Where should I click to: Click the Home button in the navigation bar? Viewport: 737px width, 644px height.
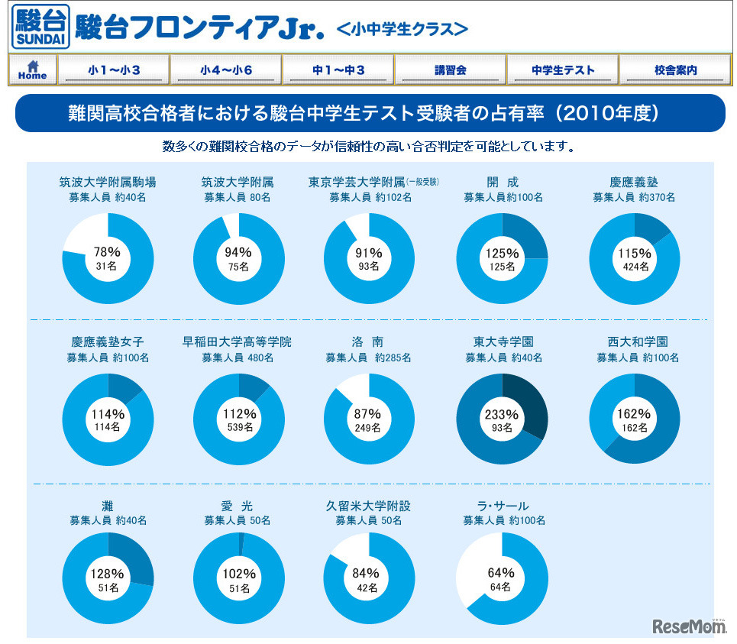click(x=32, y=70)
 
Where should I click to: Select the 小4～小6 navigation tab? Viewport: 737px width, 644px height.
click(x=226, y=70)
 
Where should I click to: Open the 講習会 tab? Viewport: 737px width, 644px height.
click(x=451, y=70)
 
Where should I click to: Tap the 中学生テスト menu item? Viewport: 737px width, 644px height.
click(x=563, y=70)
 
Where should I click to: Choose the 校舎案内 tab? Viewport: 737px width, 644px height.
click(x=675, y=70)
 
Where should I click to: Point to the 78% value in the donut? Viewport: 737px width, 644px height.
click(x=108, y=251)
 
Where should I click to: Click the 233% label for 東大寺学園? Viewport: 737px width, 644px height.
click(x=502, y=414)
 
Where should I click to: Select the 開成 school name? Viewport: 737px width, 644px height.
click(x=503, y=182)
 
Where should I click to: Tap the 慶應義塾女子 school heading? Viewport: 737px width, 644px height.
click(x=108, y=341)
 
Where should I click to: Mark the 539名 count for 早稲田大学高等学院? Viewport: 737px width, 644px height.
click(x=239, y=428)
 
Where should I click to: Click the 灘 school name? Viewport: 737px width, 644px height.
click(x=108, y=506)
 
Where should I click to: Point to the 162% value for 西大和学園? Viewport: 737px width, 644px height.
click(x=634, y=414)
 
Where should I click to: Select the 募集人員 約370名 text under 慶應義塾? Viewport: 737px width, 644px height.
click(x=634, y=197)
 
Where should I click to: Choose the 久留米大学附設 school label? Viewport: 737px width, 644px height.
click(x=369, y=506)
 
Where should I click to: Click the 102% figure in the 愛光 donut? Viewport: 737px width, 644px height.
click(x=239, y=574)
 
